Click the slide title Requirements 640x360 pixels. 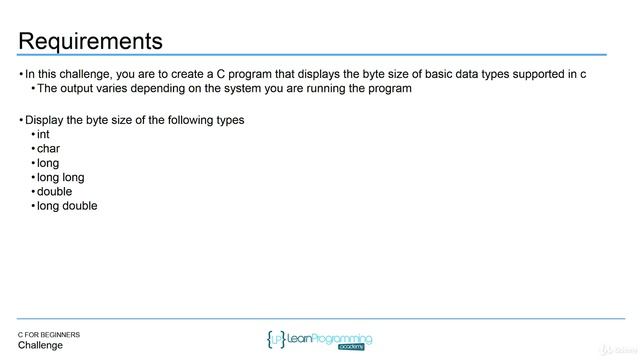(90, 41)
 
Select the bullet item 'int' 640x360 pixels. (43, 134)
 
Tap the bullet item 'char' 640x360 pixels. (48, 148)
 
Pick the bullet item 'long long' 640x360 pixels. (60, 177)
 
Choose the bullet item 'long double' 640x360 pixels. (67, 206)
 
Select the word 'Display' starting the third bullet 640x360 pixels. (45, 120)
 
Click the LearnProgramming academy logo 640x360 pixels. (319, 339)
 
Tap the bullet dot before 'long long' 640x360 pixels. (32, 178)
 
